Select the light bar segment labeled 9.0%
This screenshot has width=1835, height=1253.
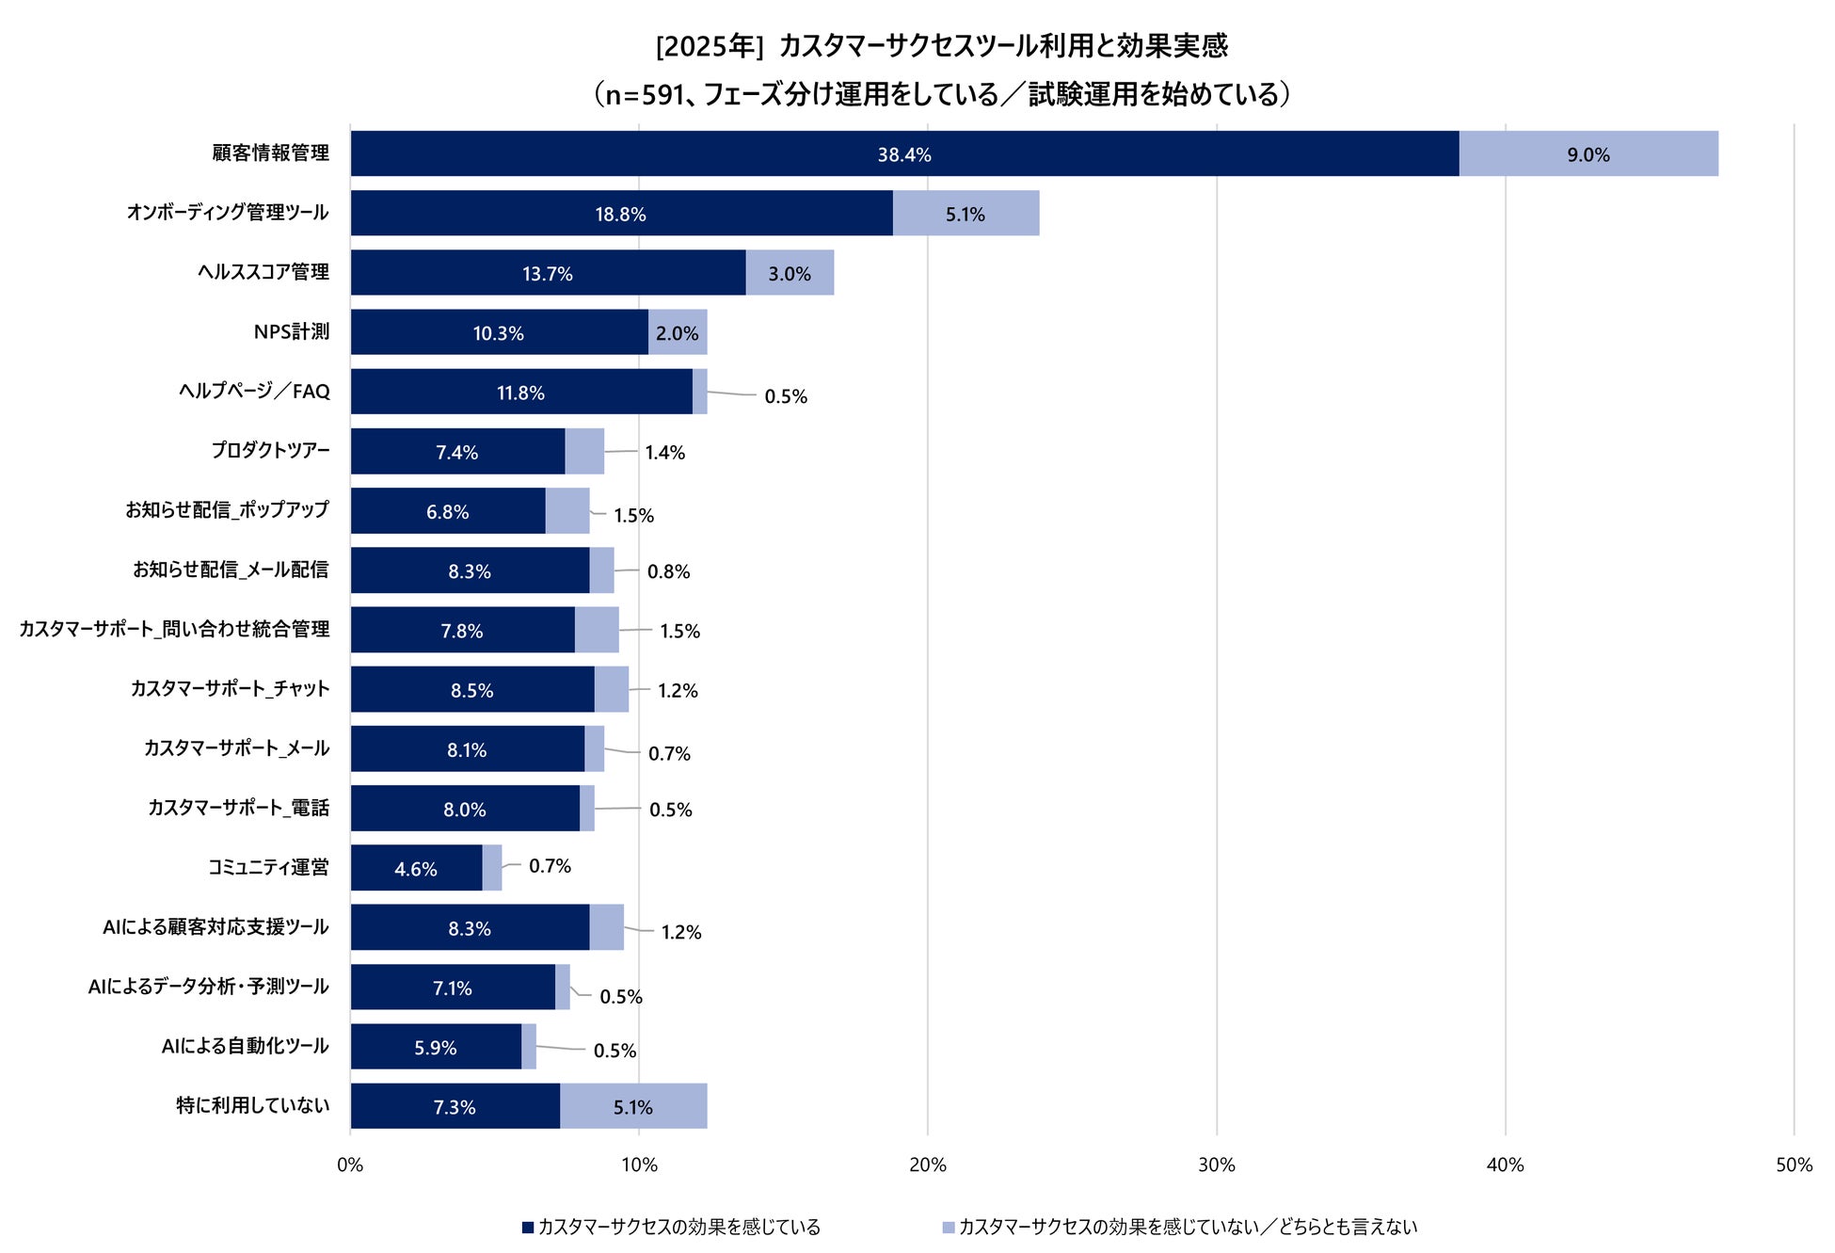point(1588,154)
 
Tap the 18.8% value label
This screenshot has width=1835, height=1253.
point(620,215)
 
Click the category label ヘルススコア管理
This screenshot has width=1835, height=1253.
point(263,272)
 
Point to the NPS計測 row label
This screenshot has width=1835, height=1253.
point(292,331)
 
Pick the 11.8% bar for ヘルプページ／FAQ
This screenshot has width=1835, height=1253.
point(520,393)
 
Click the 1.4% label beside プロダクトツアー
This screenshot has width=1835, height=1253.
point(664,453)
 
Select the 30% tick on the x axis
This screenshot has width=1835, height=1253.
point(1216,1165)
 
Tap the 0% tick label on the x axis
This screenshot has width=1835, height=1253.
point(350,1165)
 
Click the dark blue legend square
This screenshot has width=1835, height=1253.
point(528,1228)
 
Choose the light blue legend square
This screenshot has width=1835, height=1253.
point(949,1228)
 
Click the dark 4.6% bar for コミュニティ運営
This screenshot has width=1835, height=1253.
point(416,868)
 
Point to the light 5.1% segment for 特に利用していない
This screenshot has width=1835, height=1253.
point(632,1107)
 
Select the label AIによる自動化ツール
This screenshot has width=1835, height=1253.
point(245,1046)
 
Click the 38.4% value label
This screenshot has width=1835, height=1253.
point(904,154)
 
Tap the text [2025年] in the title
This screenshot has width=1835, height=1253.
point(709,46)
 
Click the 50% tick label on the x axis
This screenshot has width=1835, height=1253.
point(1793,1165)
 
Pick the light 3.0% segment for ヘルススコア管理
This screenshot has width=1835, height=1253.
point(789,274)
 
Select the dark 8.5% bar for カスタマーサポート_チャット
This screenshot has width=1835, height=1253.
point(471,690)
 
